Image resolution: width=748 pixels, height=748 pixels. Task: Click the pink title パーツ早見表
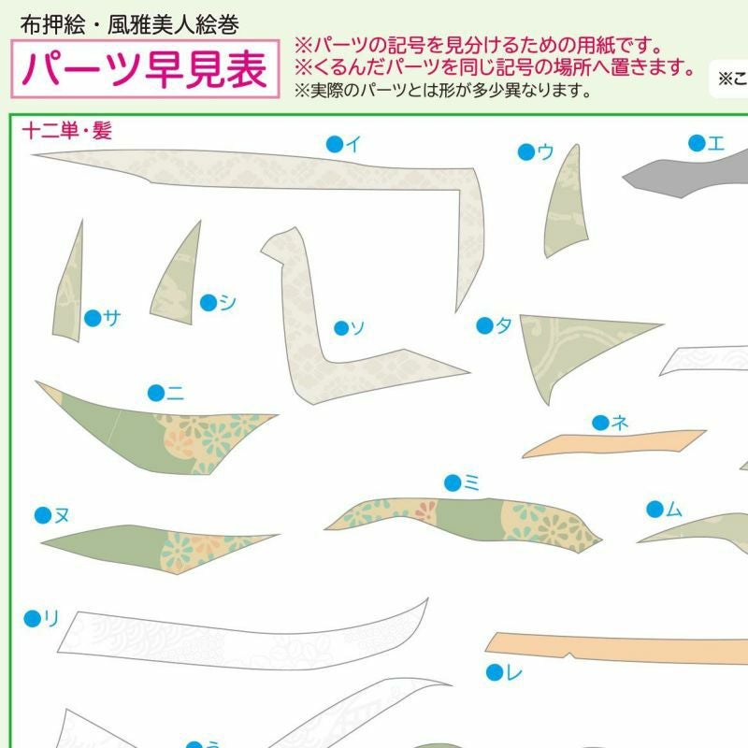tap(144, 69)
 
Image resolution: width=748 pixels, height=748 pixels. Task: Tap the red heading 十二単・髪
tap(67, 131)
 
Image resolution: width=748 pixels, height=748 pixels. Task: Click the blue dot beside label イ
tap(335, 144)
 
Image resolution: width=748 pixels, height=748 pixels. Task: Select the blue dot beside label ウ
tap(526, 152)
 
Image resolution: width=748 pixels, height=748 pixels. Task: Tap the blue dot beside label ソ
tap(341, 328)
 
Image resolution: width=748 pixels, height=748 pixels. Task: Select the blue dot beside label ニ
tap(156, 393)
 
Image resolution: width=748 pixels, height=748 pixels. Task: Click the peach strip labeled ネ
tap(614, 443)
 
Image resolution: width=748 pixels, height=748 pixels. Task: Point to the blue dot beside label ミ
tap(453, 482)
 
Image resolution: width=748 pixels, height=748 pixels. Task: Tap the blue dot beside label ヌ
tap(43, 515)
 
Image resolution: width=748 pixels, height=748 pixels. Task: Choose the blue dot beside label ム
tap(655, 509)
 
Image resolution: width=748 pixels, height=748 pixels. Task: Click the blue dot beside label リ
tap(33, 619)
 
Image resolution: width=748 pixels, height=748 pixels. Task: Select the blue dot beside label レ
tap(495, 672)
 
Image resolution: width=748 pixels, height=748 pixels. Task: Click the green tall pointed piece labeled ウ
tap(566, 209)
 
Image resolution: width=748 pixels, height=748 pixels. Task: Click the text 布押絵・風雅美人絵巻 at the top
tap(129, 24)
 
